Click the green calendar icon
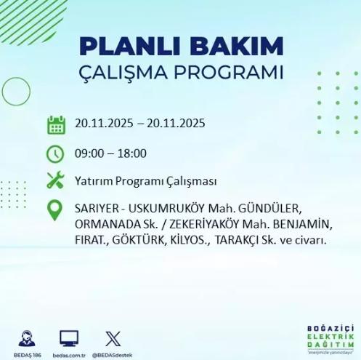56,124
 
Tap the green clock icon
56,153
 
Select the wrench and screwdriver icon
56,180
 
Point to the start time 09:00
90,153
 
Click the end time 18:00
131,153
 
